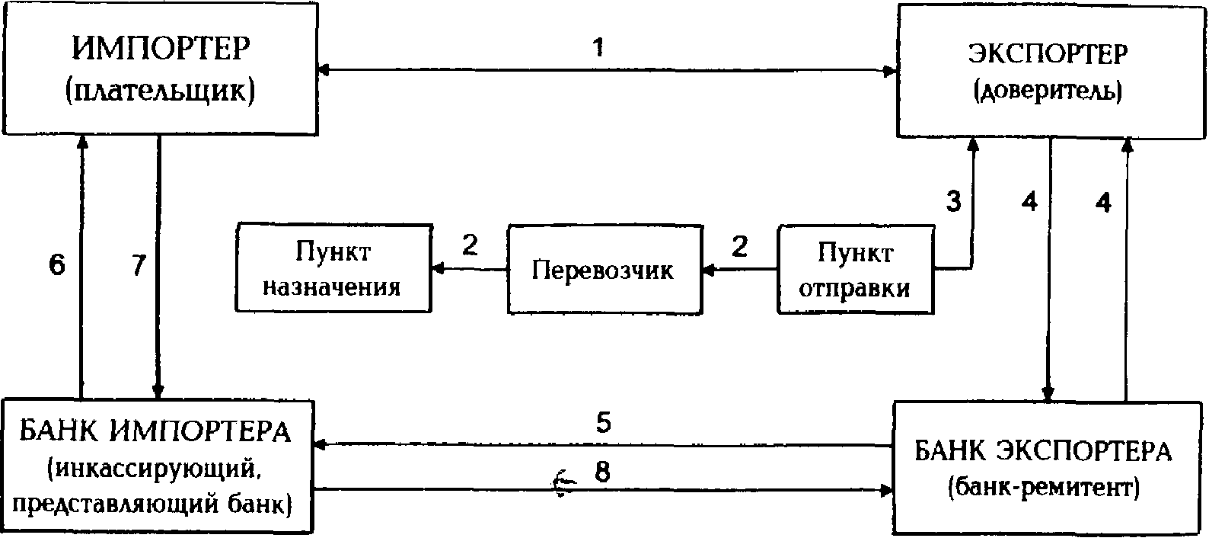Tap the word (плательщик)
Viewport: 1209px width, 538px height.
click(160, 91)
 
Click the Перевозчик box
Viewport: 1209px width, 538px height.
click(604, 269)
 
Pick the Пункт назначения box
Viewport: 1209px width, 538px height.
click(333, 267)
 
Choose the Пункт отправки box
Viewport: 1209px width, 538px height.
click(856, 269)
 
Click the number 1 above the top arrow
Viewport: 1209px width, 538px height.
click(598, 47)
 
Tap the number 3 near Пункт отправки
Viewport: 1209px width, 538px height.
click(953, 202)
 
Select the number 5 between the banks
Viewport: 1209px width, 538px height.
click(603, 423)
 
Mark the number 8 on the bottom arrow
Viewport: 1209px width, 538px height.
click(602, 473)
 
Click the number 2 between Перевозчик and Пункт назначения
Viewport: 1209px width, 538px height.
click(470, 245)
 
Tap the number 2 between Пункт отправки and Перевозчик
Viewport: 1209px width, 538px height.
click(739, 245)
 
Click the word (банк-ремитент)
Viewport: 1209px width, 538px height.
click(1045, 485)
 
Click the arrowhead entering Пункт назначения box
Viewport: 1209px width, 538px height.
click(437, 268)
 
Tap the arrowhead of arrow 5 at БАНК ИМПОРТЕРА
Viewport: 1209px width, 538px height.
click(320, 444)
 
